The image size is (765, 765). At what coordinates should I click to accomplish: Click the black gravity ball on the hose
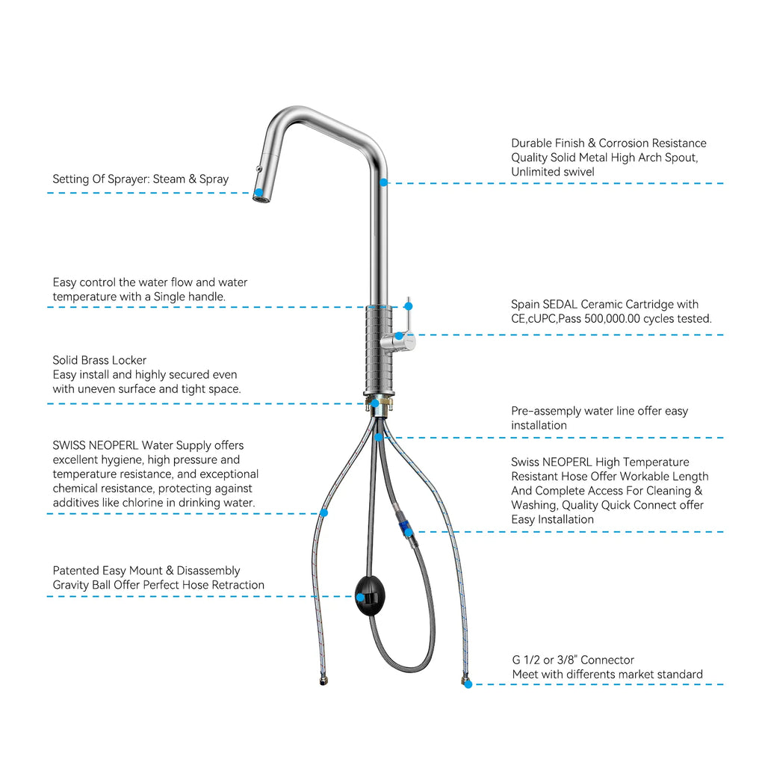(x=370, y=596)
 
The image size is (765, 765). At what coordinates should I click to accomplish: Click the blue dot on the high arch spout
(x=384, y=182)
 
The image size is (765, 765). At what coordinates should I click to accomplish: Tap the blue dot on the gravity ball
(x=360, y=597)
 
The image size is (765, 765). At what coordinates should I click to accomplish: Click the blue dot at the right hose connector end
(x=468, y=684)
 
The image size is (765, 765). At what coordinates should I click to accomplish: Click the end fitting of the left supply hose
(x=323, y=679)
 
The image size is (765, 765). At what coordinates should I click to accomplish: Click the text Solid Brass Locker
(x=99, y=360)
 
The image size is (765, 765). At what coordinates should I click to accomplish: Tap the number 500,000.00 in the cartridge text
(x=611, y=319)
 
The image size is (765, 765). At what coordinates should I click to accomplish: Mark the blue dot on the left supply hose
(x=323, y=512)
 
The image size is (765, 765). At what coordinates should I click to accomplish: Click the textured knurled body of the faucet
(x=379, y=349)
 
